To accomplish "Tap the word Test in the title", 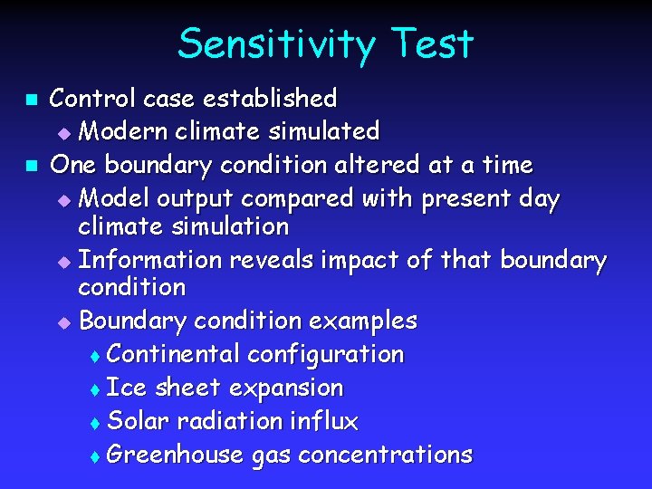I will [433, 44].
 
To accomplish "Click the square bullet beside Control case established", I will [30, 98].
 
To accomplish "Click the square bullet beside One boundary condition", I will [30, 166].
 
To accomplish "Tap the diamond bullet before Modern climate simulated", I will [62, 133].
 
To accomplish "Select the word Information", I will [150, 261].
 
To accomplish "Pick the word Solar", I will [139, 421].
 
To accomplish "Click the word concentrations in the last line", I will [385, 455].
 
